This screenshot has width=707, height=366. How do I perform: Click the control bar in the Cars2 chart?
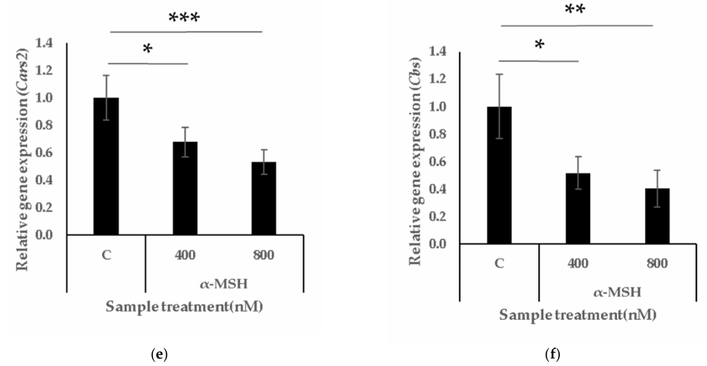point(106,166)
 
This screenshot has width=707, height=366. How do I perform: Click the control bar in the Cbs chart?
point(499,175)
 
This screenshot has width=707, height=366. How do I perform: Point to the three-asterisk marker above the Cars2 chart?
point(185,18)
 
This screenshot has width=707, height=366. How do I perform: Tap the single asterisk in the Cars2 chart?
point(147,50)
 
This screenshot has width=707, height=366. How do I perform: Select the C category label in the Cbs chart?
point(499,263)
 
